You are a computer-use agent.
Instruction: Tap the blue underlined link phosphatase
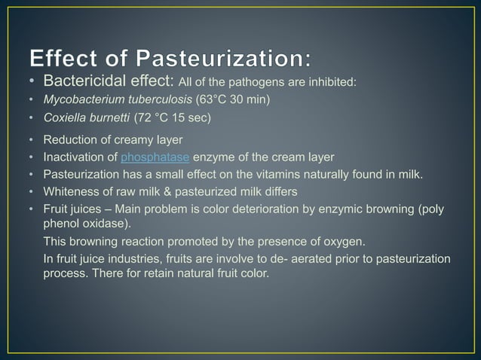coord(155,157)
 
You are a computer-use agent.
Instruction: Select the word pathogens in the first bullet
coord(280,82)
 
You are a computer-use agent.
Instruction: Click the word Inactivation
coord(75,157)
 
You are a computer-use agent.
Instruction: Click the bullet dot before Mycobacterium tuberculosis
coord(31,100)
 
